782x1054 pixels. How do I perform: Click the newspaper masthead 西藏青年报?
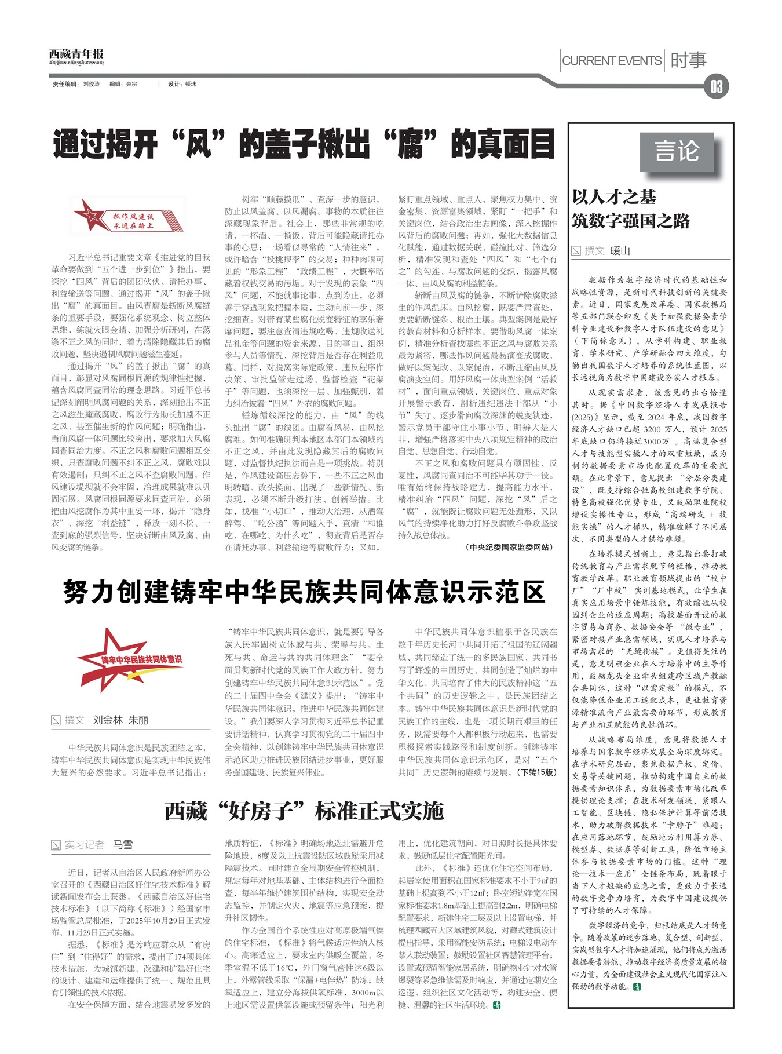tap(76, 56)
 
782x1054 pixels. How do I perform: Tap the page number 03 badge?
tap(717, 87)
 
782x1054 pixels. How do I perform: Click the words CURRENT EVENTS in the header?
tap(612, 61)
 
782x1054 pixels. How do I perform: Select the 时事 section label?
tap(688, 60)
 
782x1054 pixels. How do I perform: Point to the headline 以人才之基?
tap(614, 197)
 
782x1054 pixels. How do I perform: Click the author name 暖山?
tap(620, 251)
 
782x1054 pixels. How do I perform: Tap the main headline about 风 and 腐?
tap(304, 145)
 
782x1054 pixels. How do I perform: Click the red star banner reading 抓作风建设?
tap(127, 216)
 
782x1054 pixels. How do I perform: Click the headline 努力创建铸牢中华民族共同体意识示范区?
tap(304, 592)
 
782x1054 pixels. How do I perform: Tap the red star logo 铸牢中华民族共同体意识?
tap(131, 659)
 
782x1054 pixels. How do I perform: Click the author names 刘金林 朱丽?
tap(120, 720)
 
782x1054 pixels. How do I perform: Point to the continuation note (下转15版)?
tap(538, 772)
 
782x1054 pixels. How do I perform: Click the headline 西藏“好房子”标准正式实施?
tap(304, 811)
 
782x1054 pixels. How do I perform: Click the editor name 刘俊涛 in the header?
tap(92, 84)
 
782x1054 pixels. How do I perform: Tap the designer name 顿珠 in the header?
tap(191, 84)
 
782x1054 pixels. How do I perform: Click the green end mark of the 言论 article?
tap(638, 986)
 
